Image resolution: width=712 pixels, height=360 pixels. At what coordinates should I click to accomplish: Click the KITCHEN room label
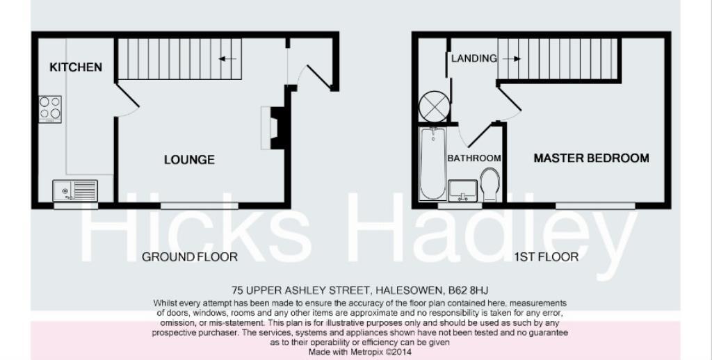coord(76,67)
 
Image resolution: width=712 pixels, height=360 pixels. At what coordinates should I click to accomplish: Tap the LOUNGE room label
coord(189,160)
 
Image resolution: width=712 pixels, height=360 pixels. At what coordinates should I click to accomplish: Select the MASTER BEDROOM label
coord(591,158)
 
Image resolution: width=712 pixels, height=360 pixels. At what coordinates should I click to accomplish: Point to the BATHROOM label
coord(474,158)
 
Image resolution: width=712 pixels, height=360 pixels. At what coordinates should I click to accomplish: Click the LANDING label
coord(474,58)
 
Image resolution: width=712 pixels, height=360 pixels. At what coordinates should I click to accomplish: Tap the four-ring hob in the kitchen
coord(50,108)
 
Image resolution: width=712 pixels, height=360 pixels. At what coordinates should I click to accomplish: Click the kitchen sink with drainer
coord(75,189)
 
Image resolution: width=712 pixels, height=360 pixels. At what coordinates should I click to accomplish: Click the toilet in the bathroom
coord(490,183)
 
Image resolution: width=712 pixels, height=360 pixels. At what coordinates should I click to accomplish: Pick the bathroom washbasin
coord(463,189)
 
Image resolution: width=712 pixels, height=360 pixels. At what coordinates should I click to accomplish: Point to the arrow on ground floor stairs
coord(227,59)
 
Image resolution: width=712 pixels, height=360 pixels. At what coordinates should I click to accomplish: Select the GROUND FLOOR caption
coord(190,257)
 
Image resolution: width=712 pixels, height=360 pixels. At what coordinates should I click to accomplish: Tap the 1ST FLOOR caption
coord(546,257)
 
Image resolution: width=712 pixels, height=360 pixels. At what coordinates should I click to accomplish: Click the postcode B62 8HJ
coord(475,290)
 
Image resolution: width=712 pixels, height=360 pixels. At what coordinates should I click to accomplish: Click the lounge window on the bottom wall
coord(200,205)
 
